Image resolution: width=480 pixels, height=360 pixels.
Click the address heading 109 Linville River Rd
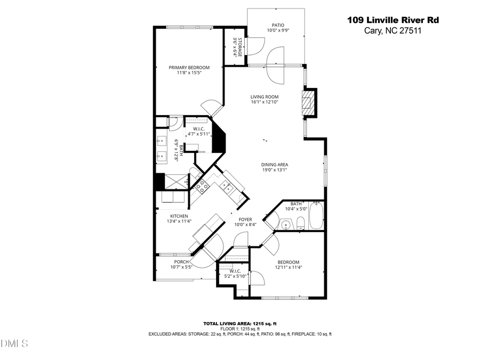point(393,20)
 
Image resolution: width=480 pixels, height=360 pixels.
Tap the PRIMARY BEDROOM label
point(189,68)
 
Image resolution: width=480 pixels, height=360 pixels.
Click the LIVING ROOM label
point(265,97)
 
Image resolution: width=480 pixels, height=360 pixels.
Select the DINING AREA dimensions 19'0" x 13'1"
point(274,170)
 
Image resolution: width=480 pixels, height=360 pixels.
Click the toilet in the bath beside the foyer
point(301,223)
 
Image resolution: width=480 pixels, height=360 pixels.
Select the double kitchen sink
point(227,187)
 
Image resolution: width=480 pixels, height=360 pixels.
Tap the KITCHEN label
point(164,216)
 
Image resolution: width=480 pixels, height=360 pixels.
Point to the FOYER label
point(245,219)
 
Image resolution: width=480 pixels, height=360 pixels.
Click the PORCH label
point(181,261)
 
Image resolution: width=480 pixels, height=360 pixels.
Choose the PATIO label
point(278,25)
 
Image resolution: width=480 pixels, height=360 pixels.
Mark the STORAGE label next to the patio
point(240,47)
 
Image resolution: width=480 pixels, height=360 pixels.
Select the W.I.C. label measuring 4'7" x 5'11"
point(197,129)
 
